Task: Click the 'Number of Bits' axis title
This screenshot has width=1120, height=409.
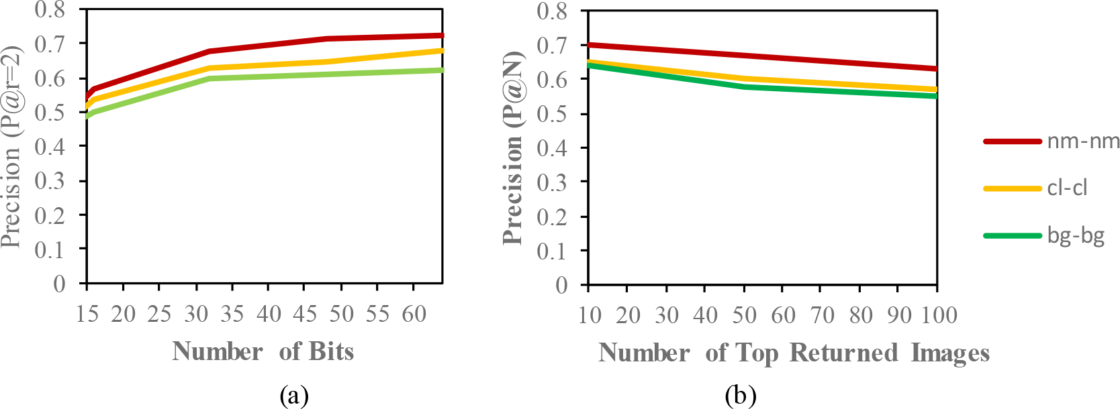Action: pos(263,351)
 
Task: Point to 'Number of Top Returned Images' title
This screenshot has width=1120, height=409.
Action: pos(794,353)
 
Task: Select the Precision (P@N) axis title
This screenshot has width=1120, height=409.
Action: pos(513,148)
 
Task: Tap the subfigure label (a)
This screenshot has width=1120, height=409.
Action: pos(294,396)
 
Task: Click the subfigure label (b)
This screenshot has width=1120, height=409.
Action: pos(740,396)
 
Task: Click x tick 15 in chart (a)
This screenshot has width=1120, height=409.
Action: pos(87,313)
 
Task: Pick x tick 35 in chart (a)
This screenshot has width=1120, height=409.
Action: pos(232,313)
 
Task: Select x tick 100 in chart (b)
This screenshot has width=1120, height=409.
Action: pos(936,314)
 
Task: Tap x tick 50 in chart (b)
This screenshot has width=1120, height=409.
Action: pos(743,314)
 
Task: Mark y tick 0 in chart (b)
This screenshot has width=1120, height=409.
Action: pos(561,285)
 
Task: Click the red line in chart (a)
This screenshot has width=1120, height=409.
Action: pos(269,45)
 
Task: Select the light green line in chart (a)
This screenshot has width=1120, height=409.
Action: pos(269,76)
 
